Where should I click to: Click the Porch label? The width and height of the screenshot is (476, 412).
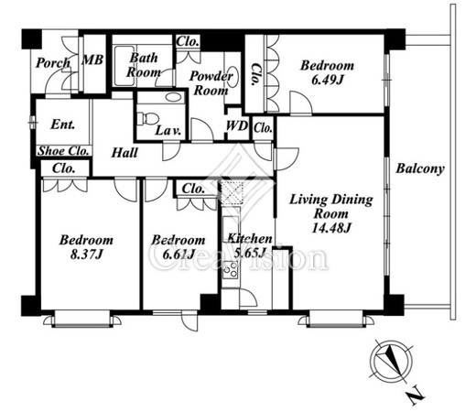[x=53, y=63]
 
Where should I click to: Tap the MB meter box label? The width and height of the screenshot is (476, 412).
[x=92, y=60]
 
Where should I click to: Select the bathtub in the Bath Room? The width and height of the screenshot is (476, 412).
[x=124, y=66]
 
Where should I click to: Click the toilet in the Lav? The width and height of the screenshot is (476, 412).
[x=147, y=118]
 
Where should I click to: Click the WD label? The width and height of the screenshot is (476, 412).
[x=237, y=125]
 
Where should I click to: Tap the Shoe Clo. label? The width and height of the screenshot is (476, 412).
[x=64, y=151]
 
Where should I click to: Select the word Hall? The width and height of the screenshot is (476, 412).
[x=124, y=153]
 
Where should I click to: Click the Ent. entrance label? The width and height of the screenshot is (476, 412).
[x=62, y=125]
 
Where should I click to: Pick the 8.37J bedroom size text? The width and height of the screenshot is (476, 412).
[x=86, y=255]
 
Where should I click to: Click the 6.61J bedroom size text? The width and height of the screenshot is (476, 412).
[x=178, y=255]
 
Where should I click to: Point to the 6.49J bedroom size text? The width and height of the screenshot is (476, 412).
[x=328, y=80]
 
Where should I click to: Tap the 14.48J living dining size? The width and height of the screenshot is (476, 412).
[x=331, y=228]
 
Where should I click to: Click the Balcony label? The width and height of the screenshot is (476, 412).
[x=420, y=168]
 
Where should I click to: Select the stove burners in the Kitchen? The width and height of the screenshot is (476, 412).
[x=231, y=269]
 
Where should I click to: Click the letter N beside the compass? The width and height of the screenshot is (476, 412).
[x=416, y=396]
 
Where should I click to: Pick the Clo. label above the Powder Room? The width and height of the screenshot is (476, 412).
[x=188, y=41]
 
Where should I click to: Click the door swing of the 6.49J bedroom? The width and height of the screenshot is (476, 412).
[x=300, y=103]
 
